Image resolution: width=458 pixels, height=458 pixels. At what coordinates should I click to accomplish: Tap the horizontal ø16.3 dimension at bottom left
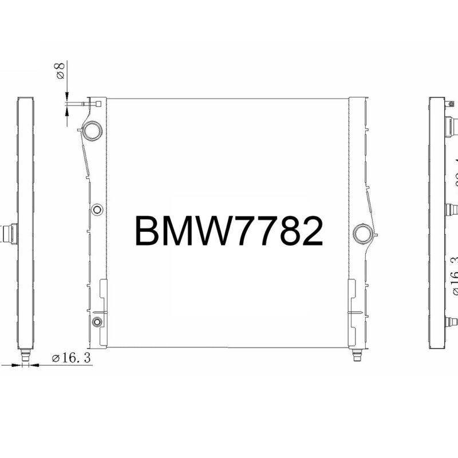(x=72, y=358)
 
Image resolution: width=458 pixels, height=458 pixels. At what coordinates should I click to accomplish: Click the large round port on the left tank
(x=92, y=131)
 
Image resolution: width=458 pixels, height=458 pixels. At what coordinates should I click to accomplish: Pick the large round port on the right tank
(x=362, y=233)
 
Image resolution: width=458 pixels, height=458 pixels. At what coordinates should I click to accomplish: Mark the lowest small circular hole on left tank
(x=97, y=321)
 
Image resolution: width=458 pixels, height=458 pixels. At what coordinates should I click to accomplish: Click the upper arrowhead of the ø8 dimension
(x=67, y=97)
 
